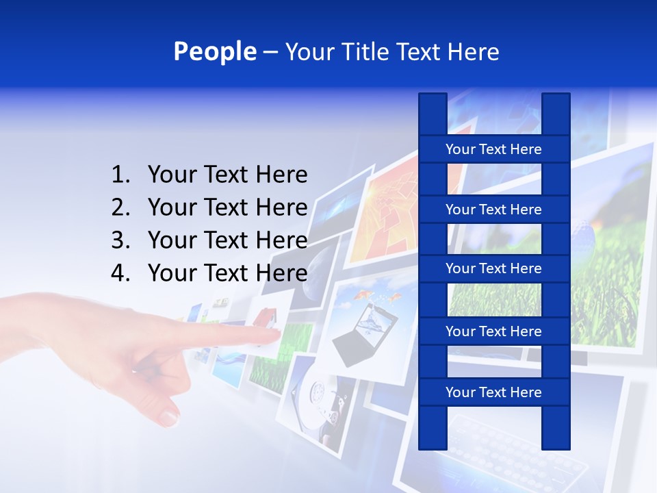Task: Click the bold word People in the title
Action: pos(214,51)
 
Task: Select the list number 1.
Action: pos(120,175)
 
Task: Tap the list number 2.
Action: pos(120,207)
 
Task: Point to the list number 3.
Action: pos(120,240)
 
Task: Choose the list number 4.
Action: pos(120,273)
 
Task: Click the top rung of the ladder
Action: pos(493,149)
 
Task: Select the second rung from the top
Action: pos(493,210)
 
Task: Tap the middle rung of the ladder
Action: pos(493,268)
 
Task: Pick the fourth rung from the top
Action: pos(493,331)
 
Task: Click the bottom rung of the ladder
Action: pos(493,392)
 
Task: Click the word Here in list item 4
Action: pos(281,273)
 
